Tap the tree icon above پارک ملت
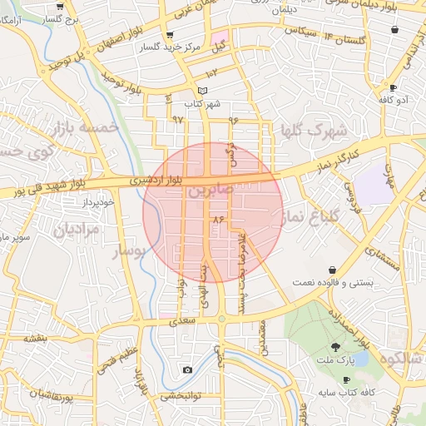(x=337, y=346)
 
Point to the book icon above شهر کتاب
(x=203, y=92)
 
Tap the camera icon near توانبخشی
(x=187, y=369)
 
